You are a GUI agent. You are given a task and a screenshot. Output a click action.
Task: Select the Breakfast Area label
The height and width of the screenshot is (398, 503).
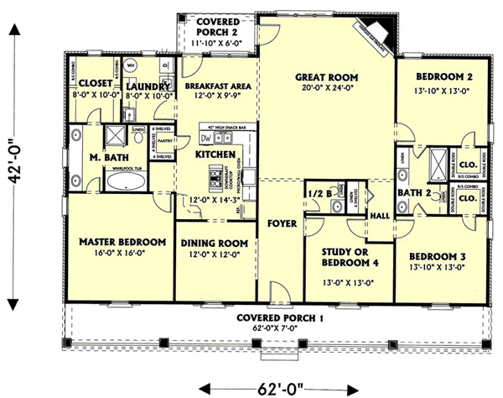pos(212,84)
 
